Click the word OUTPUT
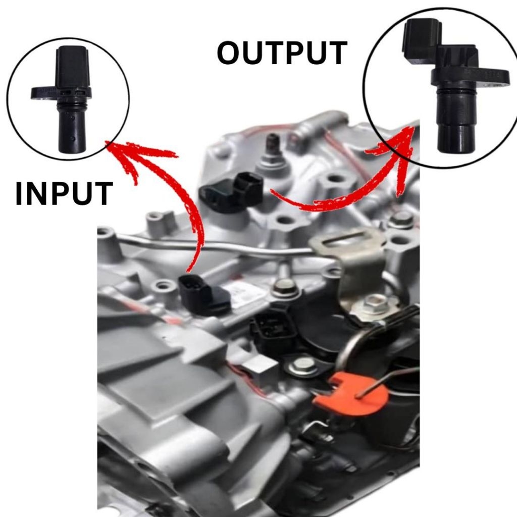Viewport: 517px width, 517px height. (x=282, y=54)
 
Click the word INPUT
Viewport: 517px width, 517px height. (x=64, y=194)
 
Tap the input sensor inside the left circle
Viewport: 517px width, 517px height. (x=69, y=101)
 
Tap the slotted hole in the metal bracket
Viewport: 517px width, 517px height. (x=348, y=238)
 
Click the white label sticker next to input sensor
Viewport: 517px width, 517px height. (x=247, y=293)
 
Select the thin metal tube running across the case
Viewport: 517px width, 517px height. (x=212, y=246)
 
